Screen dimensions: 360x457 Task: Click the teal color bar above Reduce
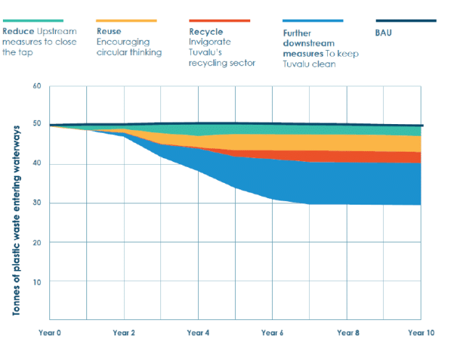coord(33,21)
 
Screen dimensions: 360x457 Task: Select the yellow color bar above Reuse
coord(126,21)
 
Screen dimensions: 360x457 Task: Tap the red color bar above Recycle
coord(220,21)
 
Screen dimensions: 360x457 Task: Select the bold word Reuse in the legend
coord(109,32)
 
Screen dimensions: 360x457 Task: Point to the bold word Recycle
coord(206,32)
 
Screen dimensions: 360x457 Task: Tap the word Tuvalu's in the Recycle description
coord(207,53)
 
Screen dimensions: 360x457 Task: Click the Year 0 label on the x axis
coord(49,333)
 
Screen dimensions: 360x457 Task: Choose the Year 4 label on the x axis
coord(198,333)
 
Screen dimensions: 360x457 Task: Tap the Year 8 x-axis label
coord(347,333)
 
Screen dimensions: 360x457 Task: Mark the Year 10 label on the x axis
coord(419,333)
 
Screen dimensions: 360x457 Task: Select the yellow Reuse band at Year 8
coord(347,143)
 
